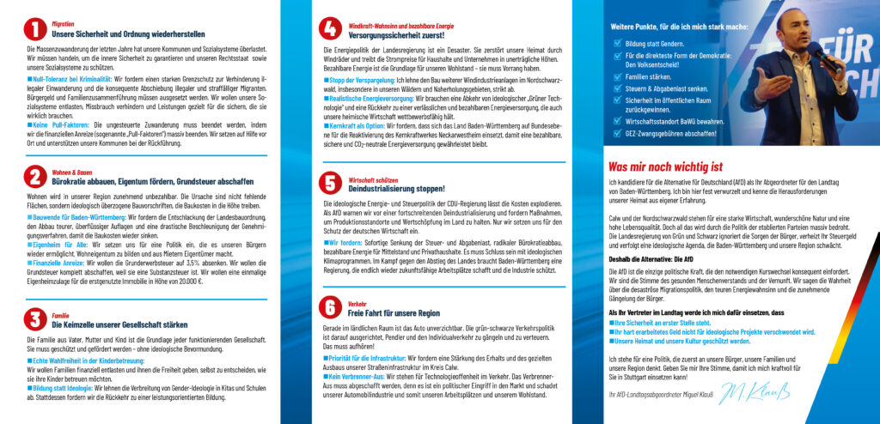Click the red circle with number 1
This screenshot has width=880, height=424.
35,31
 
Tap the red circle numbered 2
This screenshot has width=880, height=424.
35,178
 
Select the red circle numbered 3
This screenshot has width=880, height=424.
35,320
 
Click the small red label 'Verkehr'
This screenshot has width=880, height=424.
357,303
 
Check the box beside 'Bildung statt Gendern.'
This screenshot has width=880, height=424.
618,41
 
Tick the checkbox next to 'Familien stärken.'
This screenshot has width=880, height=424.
618,76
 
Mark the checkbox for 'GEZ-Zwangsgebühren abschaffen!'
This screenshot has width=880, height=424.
618,133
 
